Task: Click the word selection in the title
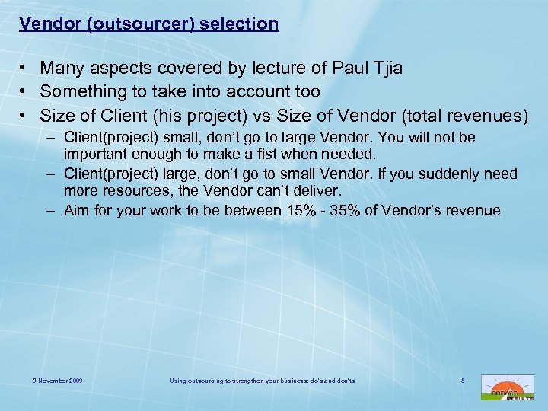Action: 241,24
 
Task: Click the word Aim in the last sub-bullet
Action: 77,210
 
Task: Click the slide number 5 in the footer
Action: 462,379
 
